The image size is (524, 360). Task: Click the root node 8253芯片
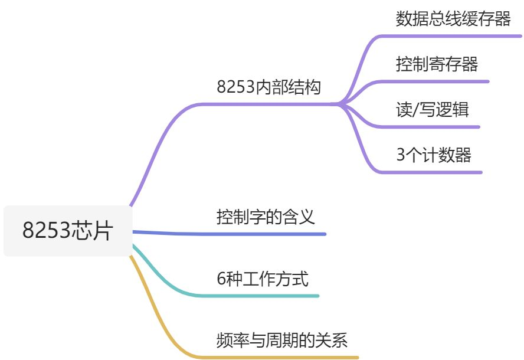[67, 230]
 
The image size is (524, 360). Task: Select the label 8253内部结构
[268, 87]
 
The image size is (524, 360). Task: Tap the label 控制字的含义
[266, 217]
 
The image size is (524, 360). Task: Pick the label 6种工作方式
[263, 278]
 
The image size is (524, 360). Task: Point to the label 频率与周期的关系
[282, 340]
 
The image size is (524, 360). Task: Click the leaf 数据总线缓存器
[453, 19]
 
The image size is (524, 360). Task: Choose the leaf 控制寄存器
[437, 64]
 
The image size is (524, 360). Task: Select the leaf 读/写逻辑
[433, 109]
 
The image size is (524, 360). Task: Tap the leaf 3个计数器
[434, 155]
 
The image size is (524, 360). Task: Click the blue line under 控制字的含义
[266, 234]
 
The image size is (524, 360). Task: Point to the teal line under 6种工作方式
[266, 295]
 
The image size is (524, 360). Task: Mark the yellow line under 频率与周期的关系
[283, 357]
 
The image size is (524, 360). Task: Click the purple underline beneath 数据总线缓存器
[454, 35]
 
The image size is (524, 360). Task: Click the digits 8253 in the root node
[46, 230]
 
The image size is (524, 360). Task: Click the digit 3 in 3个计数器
[401, 155]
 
